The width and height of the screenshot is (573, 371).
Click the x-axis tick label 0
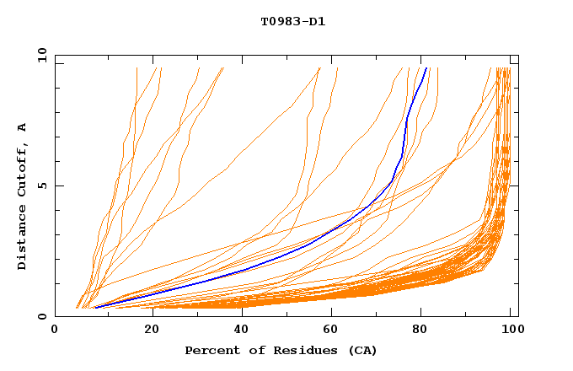pyautogui.click(x=55, y=331)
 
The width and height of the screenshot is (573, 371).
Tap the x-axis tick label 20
pyautogui.click(x=146, y=331)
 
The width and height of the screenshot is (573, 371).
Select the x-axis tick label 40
pyautogui.click(x=238, y=331)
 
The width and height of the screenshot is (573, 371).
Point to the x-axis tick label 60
pyautogui.click(x=329, y=331)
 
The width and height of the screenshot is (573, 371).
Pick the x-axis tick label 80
pyautogui.click(x=420, y=331)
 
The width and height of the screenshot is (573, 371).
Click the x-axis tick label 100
pyautogui.click(x=511, y=331)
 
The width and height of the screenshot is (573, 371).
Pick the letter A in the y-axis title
pyautogui.click(x=23, y=127)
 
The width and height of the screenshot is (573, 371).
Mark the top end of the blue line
pyautogui.click(x=426, y=68)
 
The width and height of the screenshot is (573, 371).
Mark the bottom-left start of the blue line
pyautogui.click(x=94, y=307)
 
